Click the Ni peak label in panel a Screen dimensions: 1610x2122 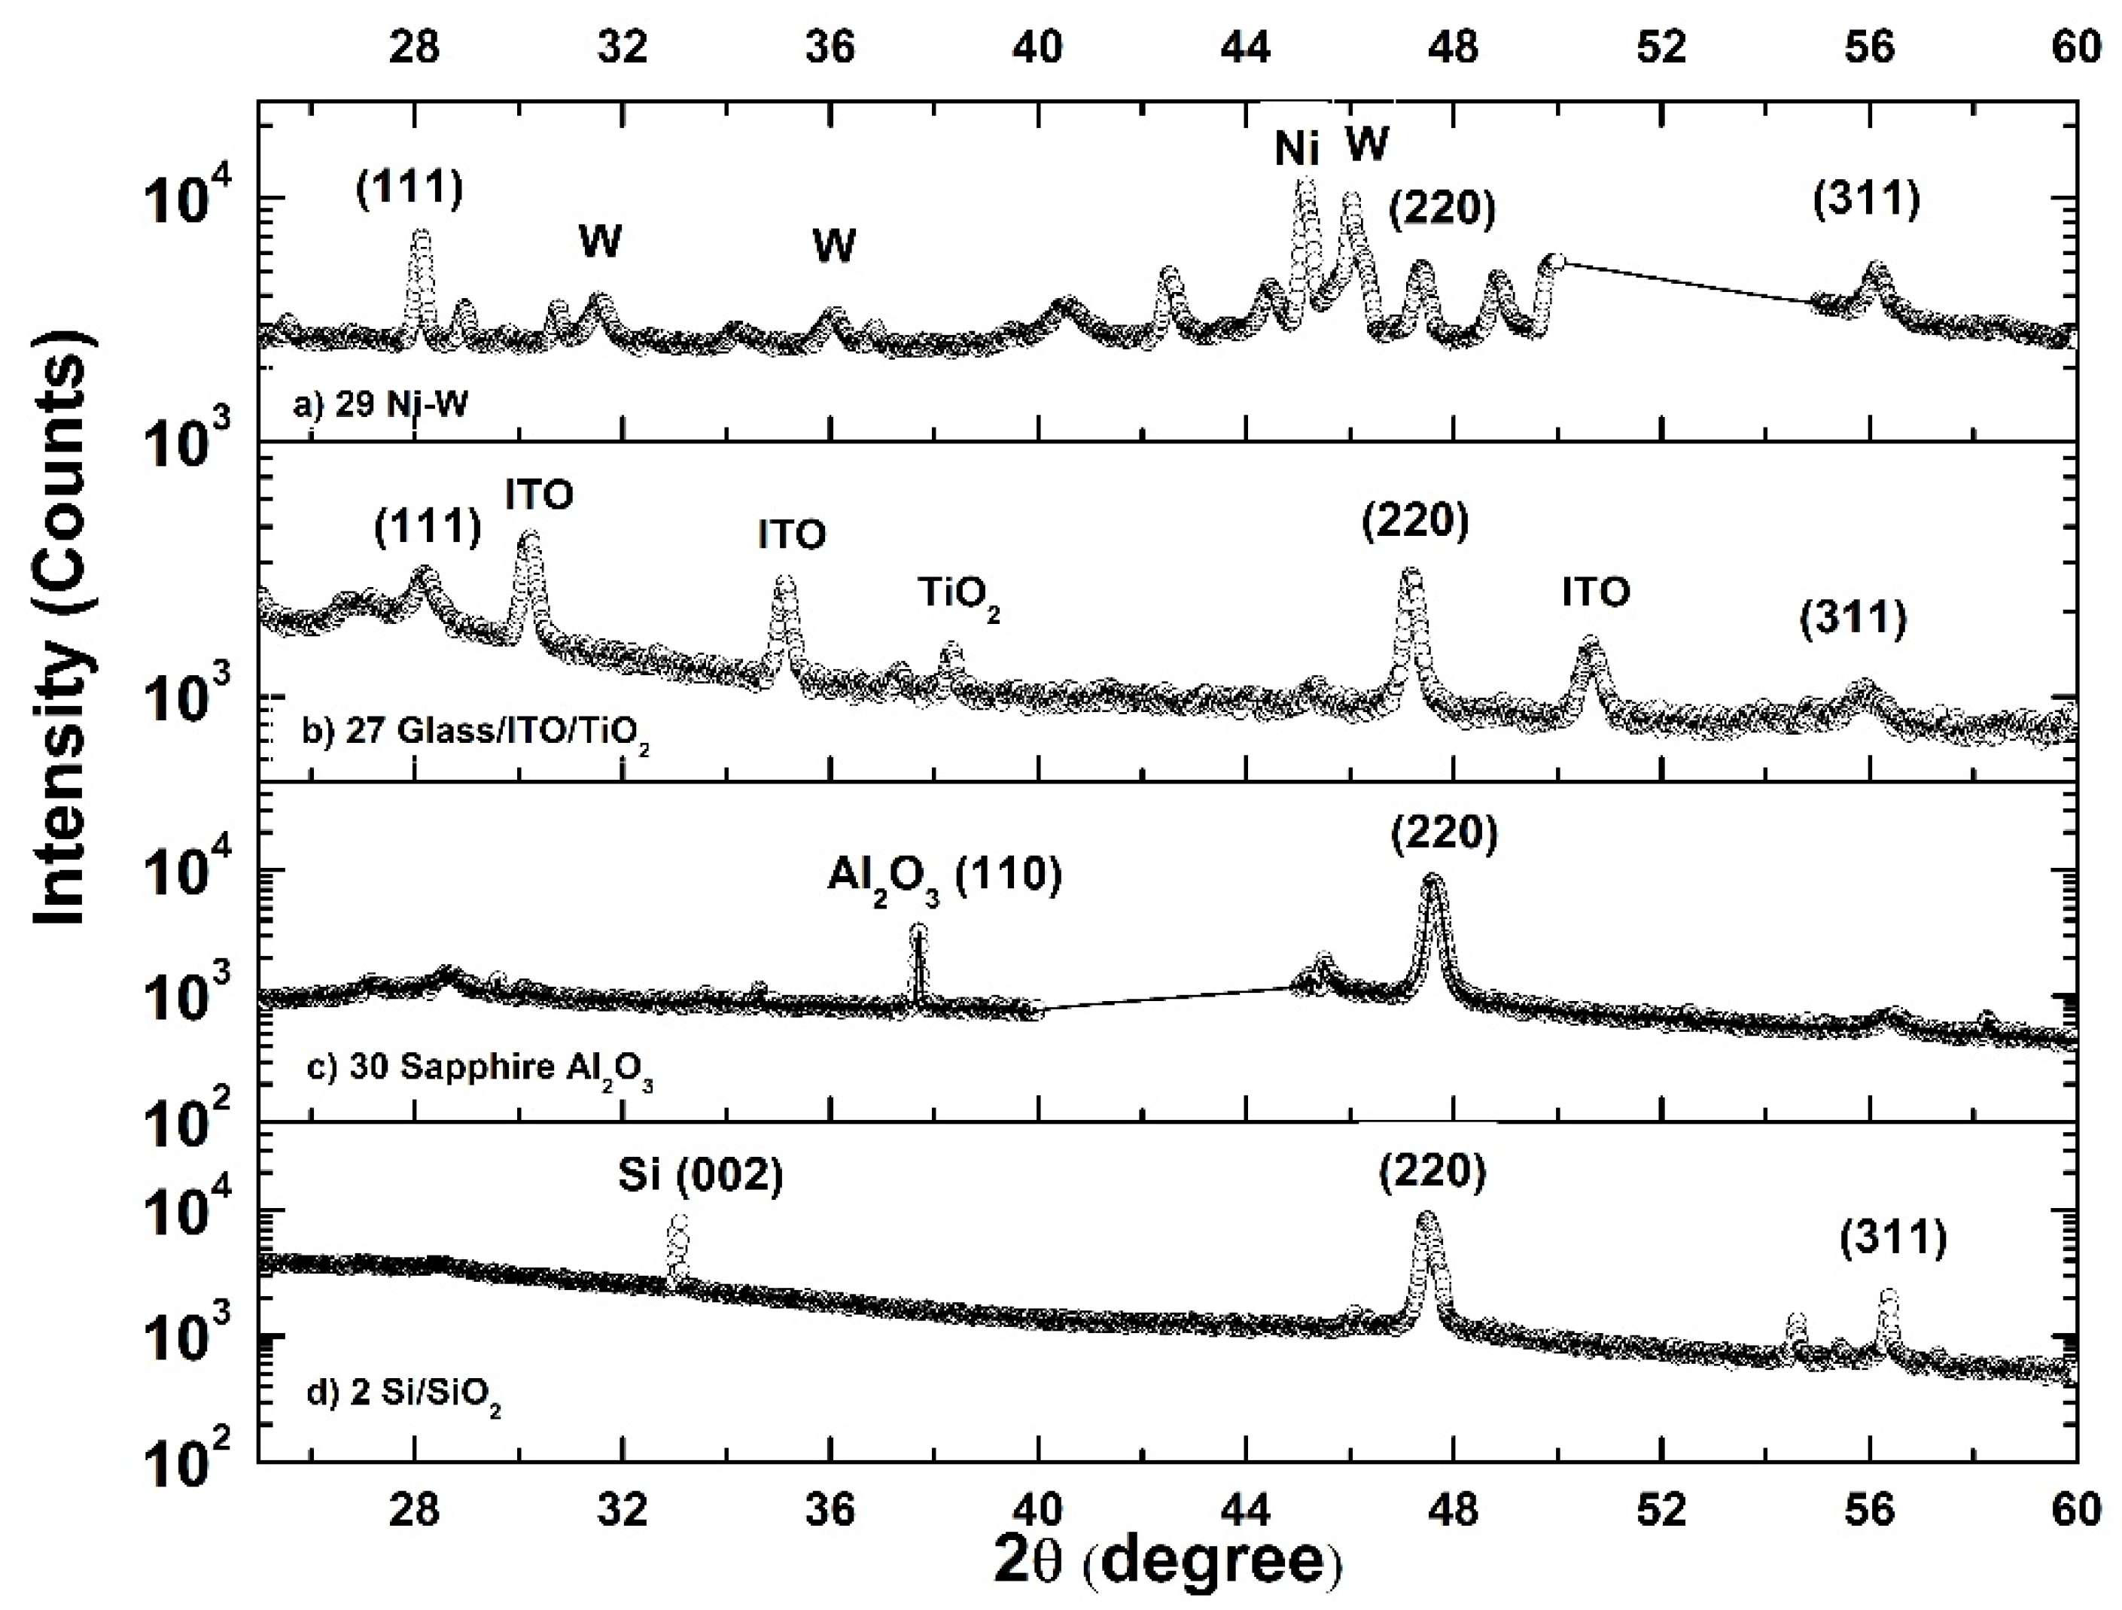(1296, 150)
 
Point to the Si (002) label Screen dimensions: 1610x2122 (700, 1176)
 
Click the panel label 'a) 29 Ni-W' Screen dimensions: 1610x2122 (382, 405)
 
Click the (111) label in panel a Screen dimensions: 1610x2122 (409, 189)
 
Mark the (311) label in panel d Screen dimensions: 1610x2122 (1892, 1239)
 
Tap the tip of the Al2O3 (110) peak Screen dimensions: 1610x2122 (918, 930)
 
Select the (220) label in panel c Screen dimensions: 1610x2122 (1444, 835)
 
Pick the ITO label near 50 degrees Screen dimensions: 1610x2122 (1595, 593)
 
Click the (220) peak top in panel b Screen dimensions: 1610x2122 (1410, 574)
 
